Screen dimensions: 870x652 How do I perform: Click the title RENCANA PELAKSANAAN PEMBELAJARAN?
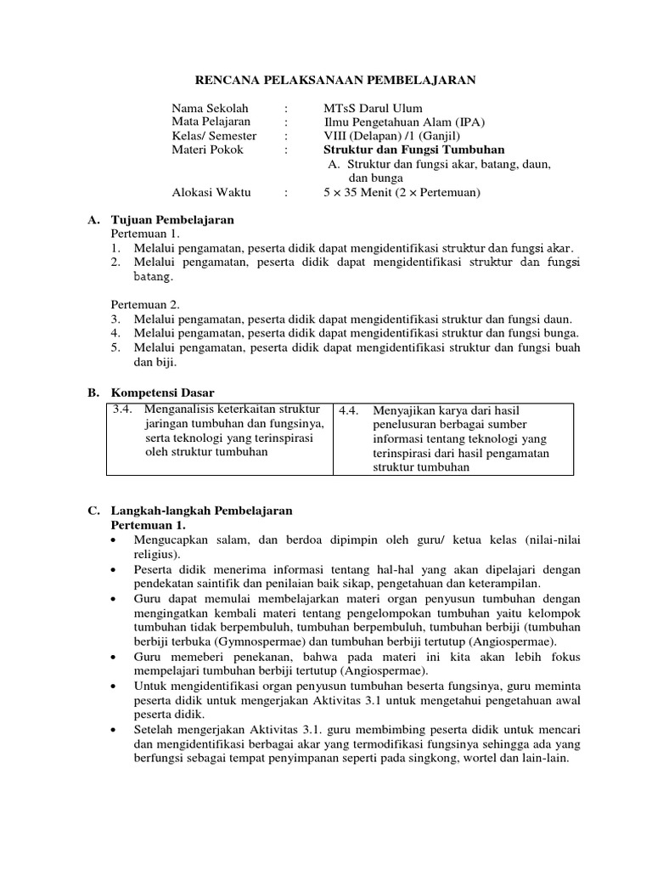pos(336,80)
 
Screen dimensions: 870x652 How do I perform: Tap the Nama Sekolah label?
pos(210,109)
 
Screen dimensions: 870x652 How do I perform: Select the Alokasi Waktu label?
pos(211,192)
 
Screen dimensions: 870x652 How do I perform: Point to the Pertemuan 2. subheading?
pos(146,304)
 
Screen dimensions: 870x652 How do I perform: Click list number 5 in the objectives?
pos(115,347)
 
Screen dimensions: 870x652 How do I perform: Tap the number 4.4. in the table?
pos(350,410)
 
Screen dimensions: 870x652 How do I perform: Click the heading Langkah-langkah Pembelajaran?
pos(201,511)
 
